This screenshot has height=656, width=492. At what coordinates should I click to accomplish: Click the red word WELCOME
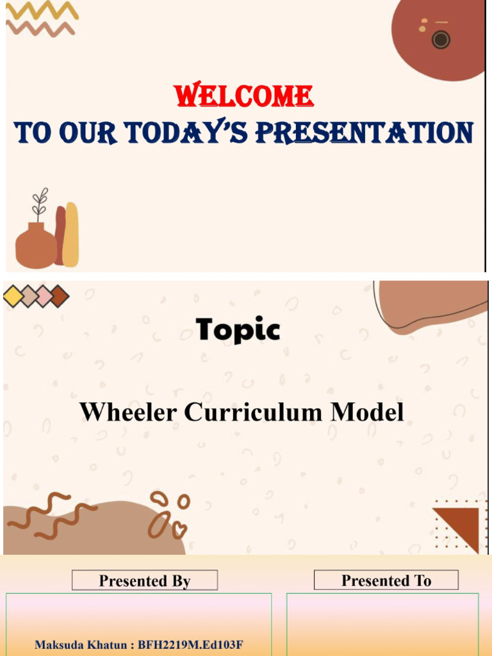point(245,96)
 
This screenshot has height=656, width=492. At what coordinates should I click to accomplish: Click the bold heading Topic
point(238,330)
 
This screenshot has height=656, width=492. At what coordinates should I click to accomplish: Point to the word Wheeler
point(128,411)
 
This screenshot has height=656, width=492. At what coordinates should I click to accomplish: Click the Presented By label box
point(145,580)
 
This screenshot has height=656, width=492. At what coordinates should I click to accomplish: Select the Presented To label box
point(386,580)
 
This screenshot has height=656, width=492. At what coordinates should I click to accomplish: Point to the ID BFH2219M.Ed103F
point(190,644)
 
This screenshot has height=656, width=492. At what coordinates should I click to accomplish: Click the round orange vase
point(35,247)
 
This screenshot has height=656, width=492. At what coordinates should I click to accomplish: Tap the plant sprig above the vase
point(40,204)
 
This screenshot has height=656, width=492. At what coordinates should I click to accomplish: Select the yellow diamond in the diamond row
point(13,297)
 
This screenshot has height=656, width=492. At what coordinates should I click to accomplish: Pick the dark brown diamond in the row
point(59,297)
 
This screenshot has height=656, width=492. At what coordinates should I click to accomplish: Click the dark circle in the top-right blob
point(441,40)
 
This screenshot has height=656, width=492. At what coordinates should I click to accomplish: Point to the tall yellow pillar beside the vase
point(71,234)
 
